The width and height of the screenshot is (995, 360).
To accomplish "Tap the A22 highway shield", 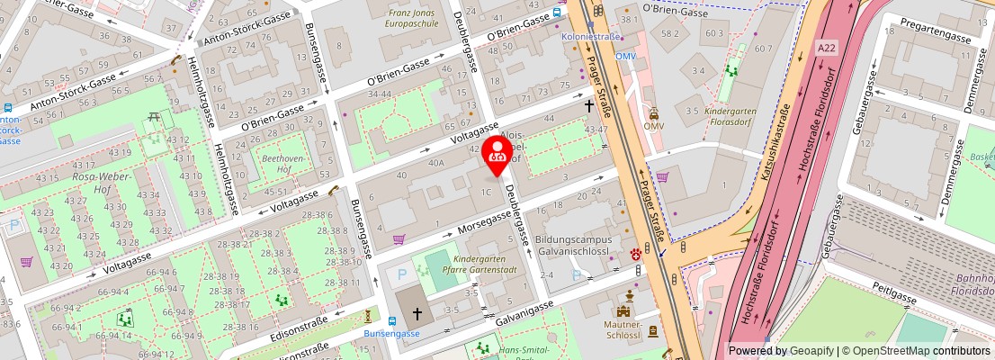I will [x=826, y=46].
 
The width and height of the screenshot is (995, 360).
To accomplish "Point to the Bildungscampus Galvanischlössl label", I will [x=573, y=246].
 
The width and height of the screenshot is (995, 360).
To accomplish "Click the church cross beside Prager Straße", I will [x=589, y=106].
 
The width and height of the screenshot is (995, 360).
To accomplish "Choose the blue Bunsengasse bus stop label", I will [x=392, y=334].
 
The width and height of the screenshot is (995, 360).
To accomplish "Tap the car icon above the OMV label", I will [x=654, y=114].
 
